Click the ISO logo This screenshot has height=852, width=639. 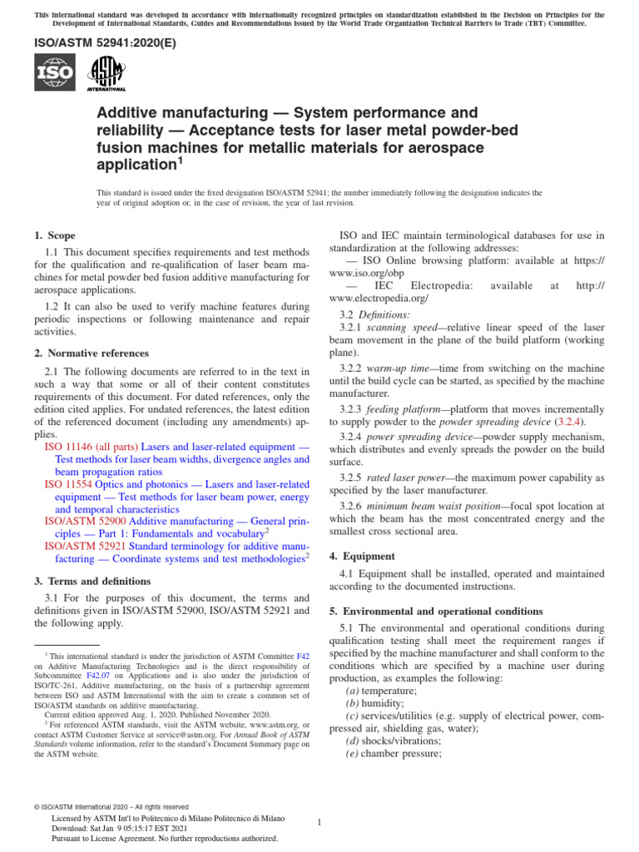point(55,72)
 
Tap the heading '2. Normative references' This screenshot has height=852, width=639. point(92,353)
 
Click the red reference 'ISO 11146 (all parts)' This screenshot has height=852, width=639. point(91,447)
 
